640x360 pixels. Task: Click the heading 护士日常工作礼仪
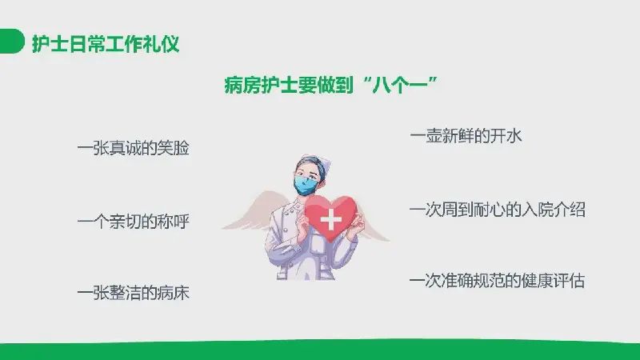point(106,43)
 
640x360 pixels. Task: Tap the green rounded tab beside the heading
point(11,41)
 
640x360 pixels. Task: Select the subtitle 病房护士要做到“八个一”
point(331,85)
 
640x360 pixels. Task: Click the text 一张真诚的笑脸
point(134,148)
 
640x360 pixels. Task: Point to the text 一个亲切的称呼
point(134,222)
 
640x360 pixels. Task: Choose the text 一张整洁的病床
point(134,293)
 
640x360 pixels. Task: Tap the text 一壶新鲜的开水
point(466,135)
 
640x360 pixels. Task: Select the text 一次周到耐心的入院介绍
point(498,210)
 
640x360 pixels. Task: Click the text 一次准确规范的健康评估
point(497,281)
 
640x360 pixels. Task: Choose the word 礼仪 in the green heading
point(162,43)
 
